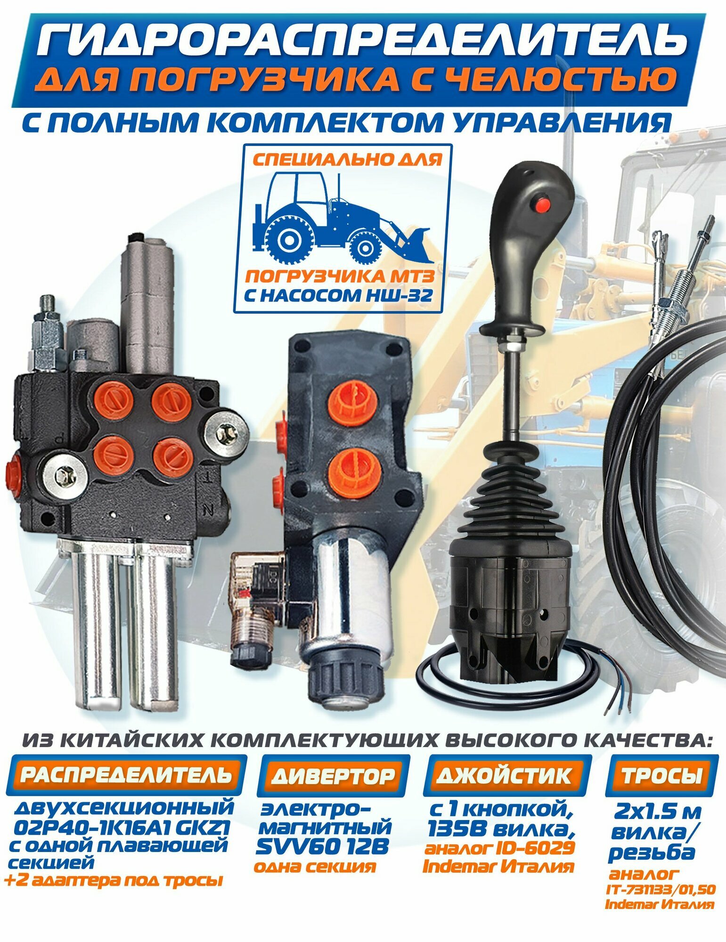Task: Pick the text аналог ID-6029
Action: click(499, 848)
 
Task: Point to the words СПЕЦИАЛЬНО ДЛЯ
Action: click(347, 160)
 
